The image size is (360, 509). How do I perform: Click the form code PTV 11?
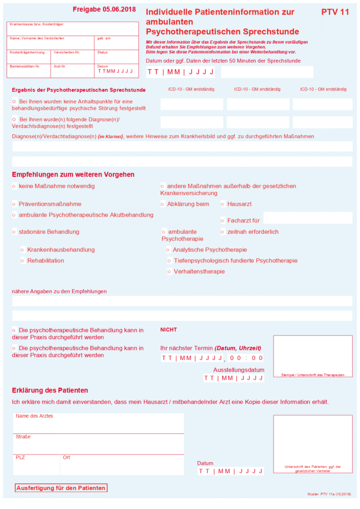335,11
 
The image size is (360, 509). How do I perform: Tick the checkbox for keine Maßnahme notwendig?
14,186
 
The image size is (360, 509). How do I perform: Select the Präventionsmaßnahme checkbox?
14,204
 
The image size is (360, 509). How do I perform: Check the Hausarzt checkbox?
222,204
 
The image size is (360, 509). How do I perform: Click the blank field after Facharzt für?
307,218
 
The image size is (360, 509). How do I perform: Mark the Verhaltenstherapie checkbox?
170,272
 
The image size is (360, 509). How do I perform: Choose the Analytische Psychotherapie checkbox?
168,250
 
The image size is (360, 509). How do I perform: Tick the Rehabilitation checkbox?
22,261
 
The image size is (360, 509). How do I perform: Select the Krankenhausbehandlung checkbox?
22,250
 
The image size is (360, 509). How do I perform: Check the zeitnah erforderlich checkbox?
222,232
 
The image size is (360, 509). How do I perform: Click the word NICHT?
169,330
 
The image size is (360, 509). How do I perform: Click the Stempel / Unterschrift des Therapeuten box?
312,356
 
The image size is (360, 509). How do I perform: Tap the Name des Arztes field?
98,424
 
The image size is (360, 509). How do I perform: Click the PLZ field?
36,465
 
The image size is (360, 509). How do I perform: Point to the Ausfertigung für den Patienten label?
61,488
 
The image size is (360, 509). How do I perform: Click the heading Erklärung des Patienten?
50,390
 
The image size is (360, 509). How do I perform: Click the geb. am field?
116,44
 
